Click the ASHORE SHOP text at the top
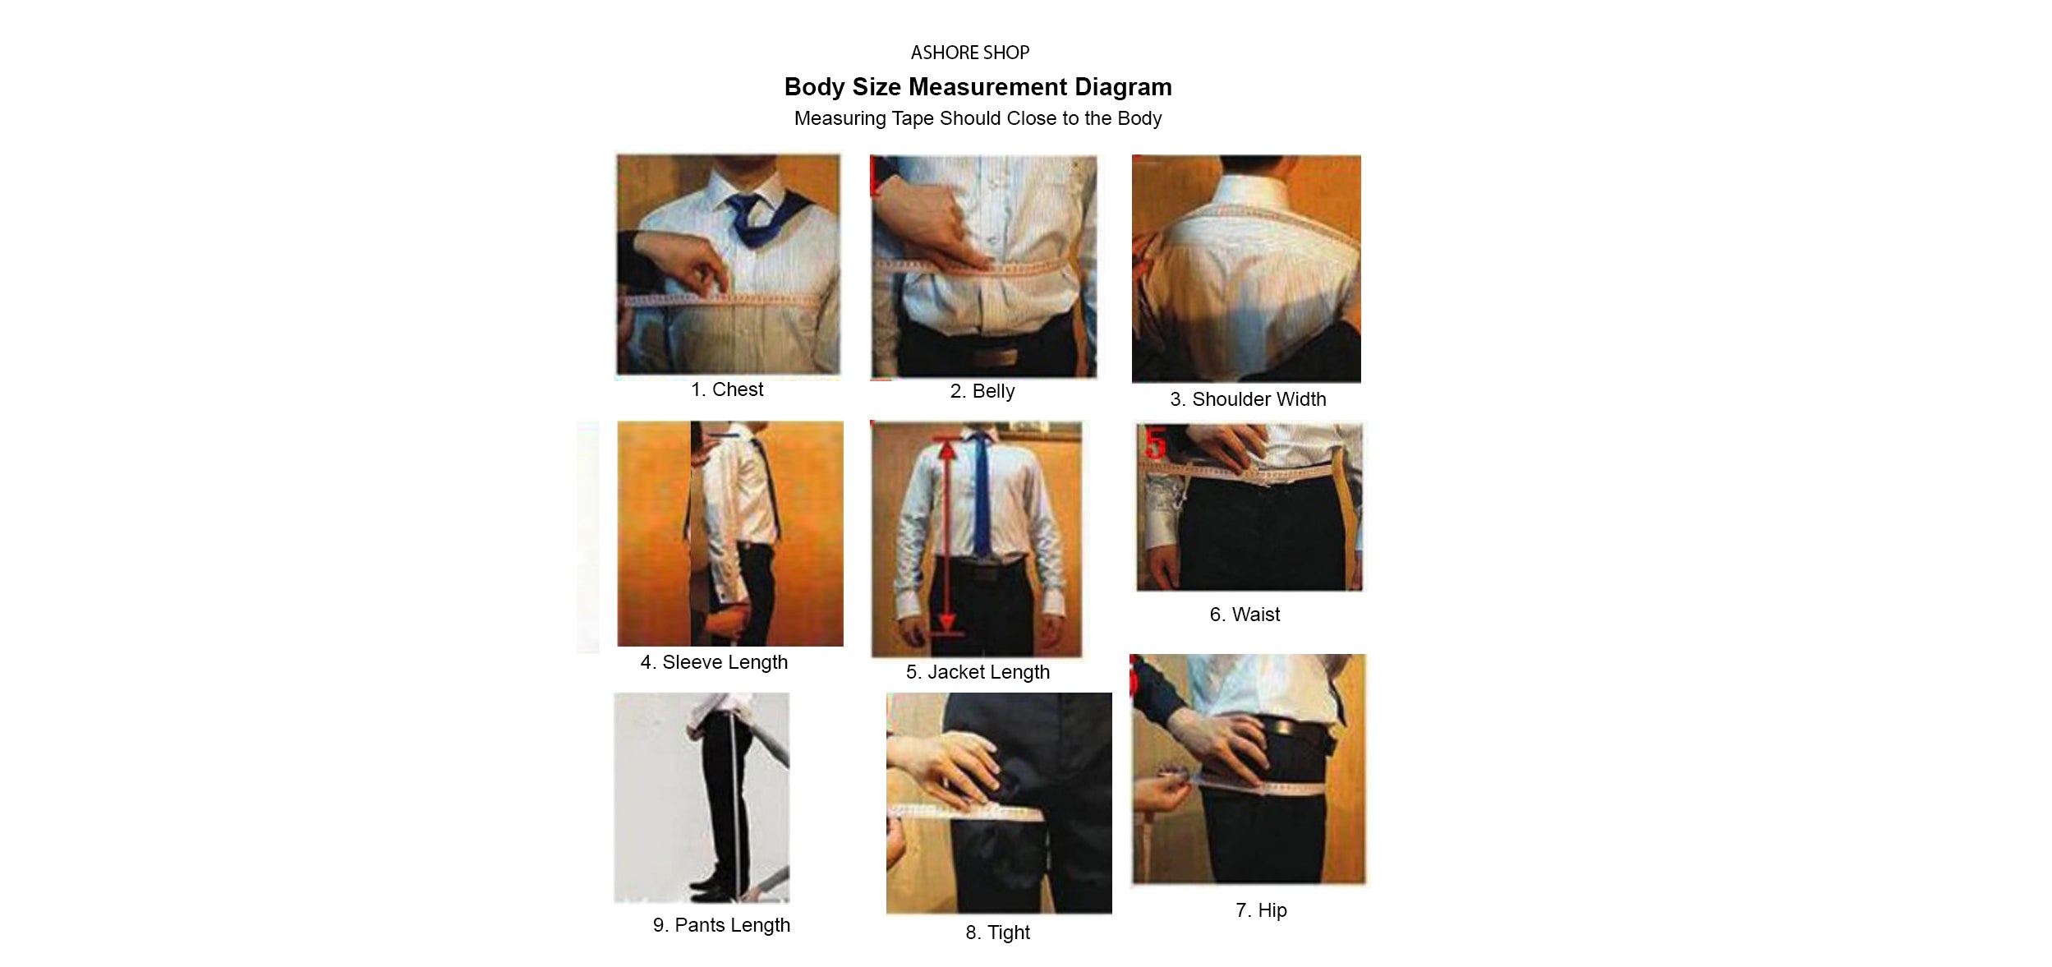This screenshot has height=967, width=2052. click(969, 53)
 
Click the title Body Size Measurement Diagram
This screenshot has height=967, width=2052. click(978, 87)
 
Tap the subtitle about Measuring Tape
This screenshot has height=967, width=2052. click(978, 118)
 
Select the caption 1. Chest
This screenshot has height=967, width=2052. click(727, 389)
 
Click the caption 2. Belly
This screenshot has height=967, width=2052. click(982, 391)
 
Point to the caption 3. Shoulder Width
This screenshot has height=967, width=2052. click(1248, 399)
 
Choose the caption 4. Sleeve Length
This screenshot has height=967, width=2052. click(714, 662)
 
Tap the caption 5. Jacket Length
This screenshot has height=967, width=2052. click(978, 672)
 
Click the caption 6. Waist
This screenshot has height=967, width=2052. click(1245, 615)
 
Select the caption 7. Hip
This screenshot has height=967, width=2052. click(1261, 910)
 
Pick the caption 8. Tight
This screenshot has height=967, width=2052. click(997, 932)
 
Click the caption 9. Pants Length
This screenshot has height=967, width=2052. click(721, 925)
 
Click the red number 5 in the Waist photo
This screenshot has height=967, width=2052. click(1156, 443)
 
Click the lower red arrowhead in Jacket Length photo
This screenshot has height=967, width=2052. click(947, 624)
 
